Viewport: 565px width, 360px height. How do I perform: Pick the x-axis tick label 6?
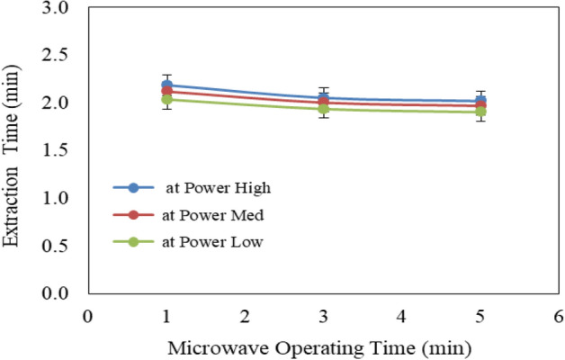[558, 316]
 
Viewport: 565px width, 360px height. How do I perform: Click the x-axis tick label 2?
[245, 316]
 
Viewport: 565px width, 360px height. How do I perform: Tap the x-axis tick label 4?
[401, 316]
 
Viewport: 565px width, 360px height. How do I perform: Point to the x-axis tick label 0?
[87, 316]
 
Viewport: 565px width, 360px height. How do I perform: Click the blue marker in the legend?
[134, 188]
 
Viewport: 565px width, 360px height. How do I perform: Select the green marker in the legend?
[134, 242]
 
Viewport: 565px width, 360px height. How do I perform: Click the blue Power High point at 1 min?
[166, 85]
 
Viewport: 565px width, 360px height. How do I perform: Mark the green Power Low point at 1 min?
[166, 99]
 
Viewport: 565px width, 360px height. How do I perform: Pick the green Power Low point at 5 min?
[480, 112]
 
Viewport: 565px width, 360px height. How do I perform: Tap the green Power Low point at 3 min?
[323, 109]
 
